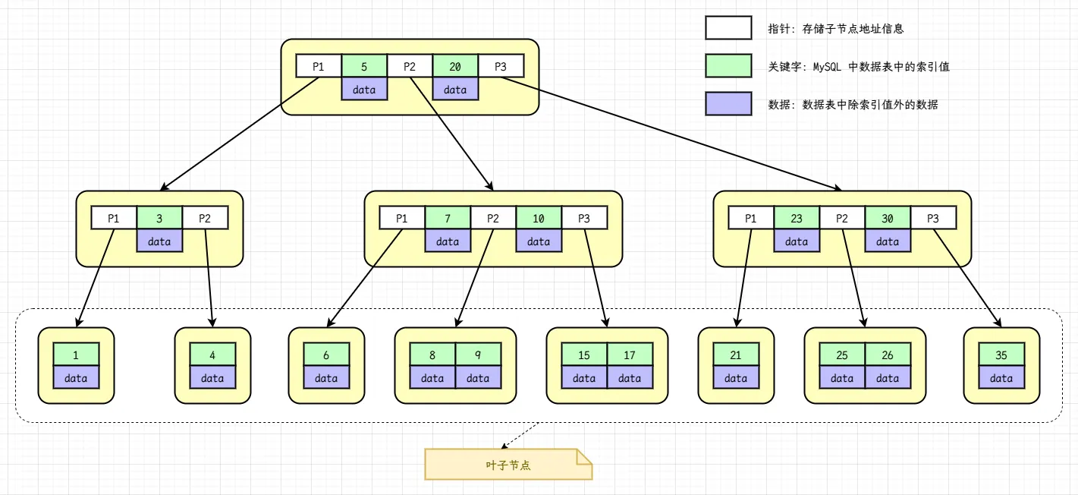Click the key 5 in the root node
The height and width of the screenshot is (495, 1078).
(364, 66)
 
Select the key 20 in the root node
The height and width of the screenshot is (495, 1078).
(455, 66)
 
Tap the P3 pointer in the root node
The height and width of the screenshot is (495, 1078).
(501, 66)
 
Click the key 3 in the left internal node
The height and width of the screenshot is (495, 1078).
(159, 218)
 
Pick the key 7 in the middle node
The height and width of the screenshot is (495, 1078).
(448, 218)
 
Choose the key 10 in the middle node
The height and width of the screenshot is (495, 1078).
(539, 218)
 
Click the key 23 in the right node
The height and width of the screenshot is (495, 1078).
(797, 218)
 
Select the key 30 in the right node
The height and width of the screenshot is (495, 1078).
(888, 218)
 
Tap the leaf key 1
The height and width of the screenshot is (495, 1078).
(76, 355)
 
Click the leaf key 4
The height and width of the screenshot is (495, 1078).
(212, 355)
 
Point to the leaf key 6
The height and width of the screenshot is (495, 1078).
(326, 355)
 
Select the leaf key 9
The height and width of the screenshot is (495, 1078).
(478, 355)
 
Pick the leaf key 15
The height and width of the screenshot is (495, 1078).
(584, 355)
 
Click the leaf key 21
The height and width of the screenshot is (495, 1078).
(736, 355)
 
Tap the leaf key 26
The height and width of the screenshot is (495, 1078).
(888, 355)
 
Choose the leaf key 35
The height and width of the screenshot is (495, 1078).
(1001, 355)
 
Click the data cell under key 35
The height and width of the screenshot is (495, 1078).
(1001, 377)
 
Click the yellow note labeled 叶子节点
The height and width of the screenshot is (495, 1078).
(508, 464)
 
